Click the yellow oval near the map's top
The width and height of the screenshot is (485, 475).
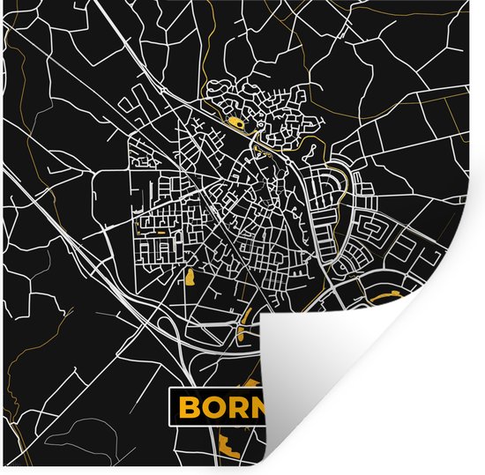click(x=234, y=122)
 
